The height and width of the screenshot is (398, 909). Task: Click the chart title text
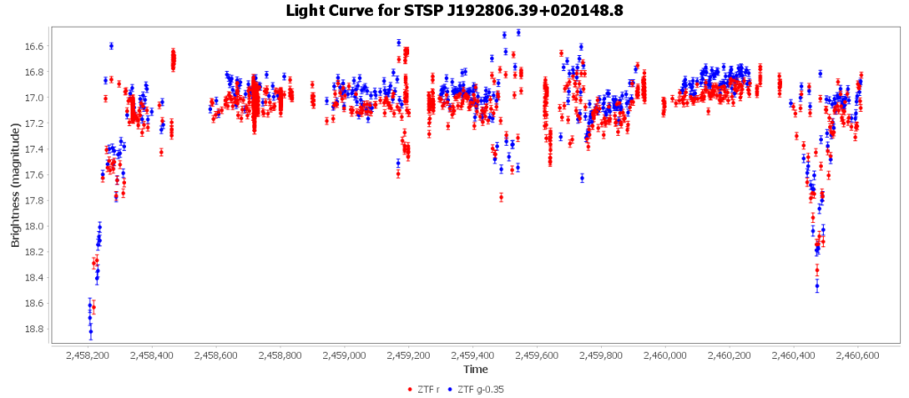454,11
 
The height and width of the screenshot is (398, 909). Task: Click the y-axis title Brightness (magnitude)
15,186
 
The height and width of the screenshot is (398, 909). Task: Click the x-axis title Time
475,369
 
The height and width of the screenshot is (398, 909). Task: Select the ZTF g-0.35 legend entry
480,389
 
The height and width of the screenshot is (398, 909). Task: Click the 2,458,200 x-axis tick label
89,355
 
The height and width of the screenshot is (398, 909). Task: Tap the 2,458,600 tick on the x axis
217,355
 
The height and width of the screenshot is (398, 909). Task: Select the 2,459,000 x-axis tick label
345,355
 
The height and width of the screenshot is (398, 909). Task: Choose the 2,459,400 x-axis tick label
473,355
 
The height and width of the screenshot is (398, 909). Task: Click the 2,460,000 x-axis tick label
666,355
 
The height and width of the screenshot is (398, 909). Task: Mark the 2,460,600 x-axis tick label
858,355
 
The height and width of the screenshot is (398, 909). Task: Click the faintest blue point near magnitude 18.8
91,332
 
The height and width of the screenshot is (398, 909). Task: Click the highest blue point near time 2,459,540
518,32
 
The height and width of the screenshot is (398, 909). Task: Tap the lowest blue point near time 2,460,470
817,285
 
